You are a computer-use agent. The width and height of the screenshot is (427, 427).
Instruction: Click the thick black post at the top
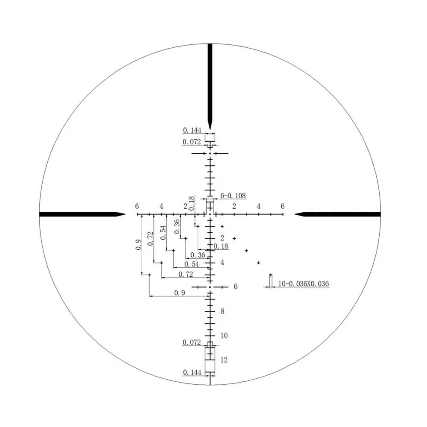click(210, 86)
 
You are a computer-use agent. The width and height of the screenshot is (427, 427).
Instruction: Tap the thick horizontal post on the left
click(82, 214)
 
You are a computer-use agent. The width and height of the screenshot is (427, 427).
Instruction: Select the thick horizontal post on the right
click(337, 214)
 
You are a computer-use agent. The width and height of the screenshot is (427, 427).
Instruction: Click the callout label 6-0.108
click(233, 196)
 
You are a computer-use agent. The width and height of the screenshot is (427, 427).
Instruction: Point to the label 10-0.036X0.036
click(303, 284)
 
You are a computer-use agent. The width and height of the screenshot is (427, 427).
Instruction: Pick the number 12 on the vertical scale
click(224, 360)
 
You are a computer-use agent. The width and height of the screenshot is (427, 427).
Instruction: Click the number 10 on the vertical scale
click(224, 336)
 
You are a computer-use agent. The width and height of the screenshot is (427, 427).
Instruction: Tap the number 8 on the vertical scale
click(222, 311)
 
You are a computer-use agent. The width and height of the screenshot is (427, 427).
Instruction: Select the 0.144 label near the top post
click(192, 130)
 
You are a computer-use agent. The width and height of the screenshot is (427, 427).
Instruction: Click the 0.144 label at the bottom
click(192, 372)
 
